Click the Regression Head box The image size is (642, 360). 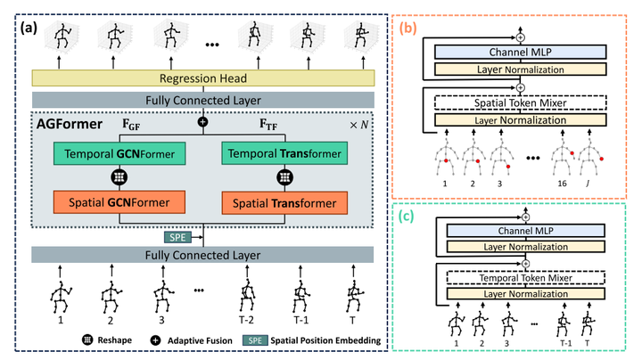point(204,78)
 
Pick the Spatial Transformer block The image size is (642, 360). point(288,201)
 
